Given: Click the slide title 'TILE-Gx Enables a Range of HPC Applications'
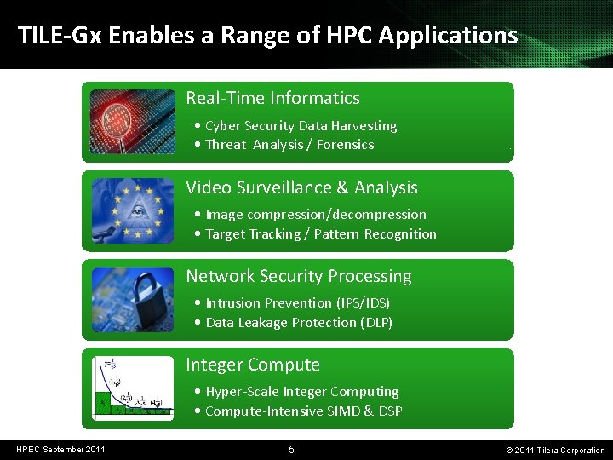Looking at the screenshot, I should point(267,36).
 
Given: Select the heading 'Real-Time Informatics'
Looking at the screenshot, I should point(272,98).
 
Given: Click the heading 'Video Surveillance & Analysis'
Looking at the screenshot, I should point(301,187).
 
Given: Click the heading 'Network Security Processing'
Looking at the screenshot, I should point(298,276).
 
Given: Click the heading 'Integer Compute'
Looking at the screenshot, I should point(253,365).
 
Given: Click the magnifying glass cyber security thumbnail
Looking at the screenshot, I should point(132,121).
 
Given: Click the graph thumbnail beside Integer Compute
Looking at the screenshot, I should point(132,386).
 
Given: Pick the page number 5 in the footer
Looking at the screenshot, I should point(291,449).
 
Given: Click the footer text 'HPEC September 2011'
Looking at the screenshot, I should point(61,449).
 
